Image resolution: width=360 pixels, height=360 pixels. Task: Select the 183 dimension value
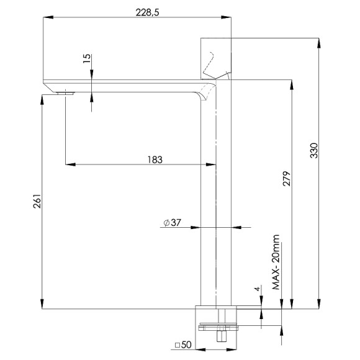155,160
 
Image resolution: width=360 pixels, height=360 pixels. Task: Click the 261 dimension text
37,202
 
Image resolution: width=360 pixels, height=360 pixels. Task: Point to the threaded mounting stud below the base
220,336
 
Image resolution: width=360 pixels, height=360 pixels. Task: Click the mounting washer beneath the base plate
217,326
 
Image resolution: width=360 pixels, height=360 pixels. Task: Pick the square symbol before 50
177,345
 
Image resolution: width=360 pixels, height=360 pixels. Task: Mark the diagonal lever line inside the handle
210,64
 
